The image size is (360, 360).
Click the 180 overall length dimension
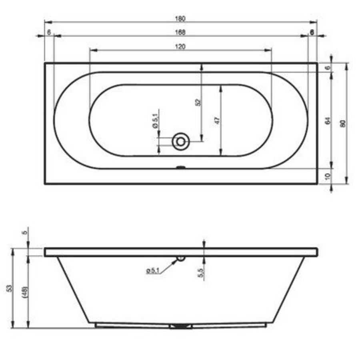180,18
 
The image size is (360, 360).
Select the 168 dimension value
180,32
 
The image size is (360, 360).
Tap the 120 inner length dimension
180,46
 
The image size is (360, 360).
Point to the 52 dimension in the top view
197,102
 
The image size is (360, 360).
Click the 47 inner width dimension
216,120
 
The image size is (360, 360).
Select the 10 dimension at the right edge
327,176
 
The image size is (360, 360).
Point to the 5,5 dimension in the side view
201,273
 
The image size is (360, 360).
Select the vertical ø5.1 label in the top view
155,120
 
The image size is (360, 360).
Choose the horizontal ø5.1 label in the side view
153,271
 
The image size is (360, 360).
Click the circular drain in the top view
180,141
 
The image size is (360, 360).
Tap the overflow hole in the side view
181,258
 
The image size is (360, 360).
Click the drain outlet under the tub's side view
181,326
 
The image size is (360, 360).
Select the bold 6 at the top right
312,33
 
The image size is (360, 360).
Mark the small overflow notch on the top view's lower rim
181,168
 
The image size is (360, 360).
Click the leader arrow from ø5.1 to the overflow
170,265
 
